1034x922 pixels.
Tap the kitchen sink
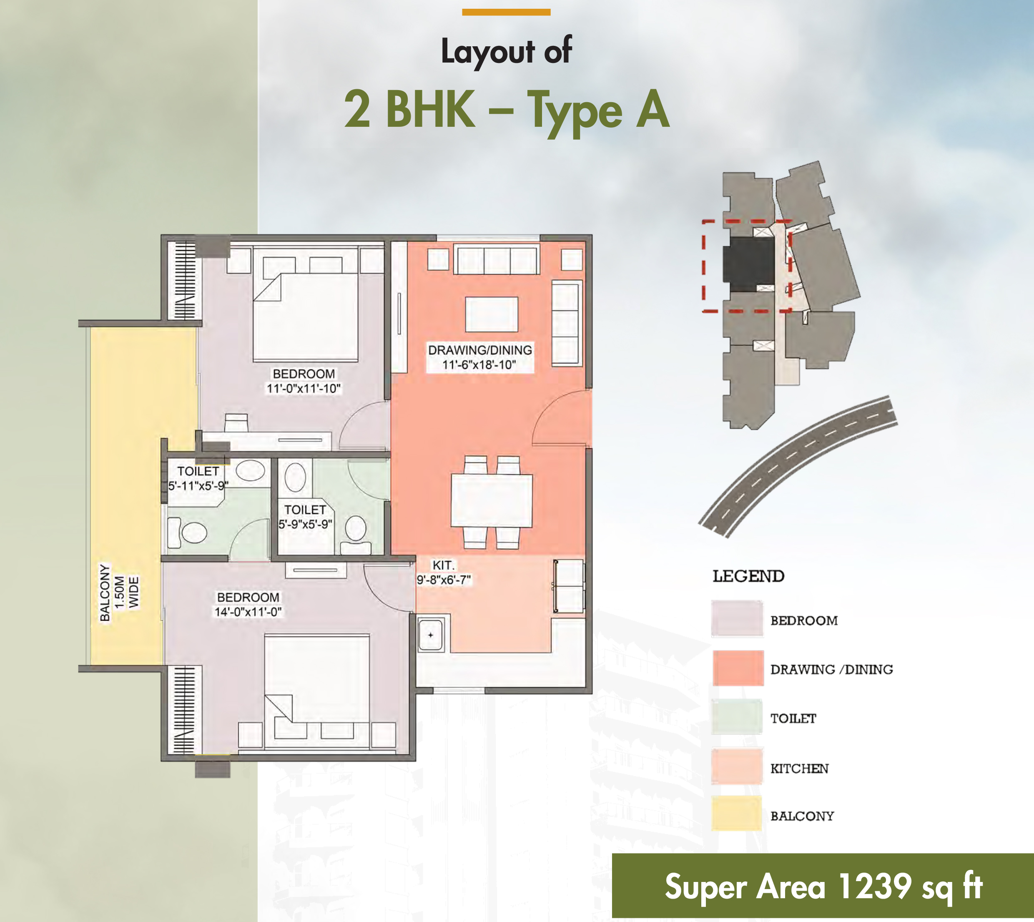pos(431,635)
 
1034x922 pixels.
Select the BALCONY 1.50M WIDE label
pos(119,592)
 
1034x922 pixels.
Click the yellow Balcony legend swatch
pos(737,813)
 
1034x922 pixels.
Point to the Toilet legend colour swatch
pos(737,716)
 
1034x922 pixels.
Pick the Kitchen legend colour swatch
pos(737,766)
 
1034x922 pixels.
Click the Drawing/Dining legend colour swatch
pos(738,668)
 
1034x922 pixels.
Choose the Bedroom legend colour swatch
pos(737,618)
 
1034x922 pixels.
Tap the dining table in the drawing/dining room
pos(492,500)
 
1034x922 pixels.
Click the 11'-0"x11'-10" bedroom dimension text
pos(304,389)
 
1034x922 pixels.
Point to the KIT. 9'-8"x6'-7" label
pos(444,573)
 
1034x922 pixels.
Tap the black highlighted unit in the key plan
pos(749,265)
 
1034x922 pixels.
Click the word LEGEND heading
pos(748,576)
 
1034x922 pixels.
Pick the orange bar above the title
pos(506,12)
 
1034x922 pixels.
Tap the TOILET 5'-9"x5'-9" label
pos(306,517)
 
